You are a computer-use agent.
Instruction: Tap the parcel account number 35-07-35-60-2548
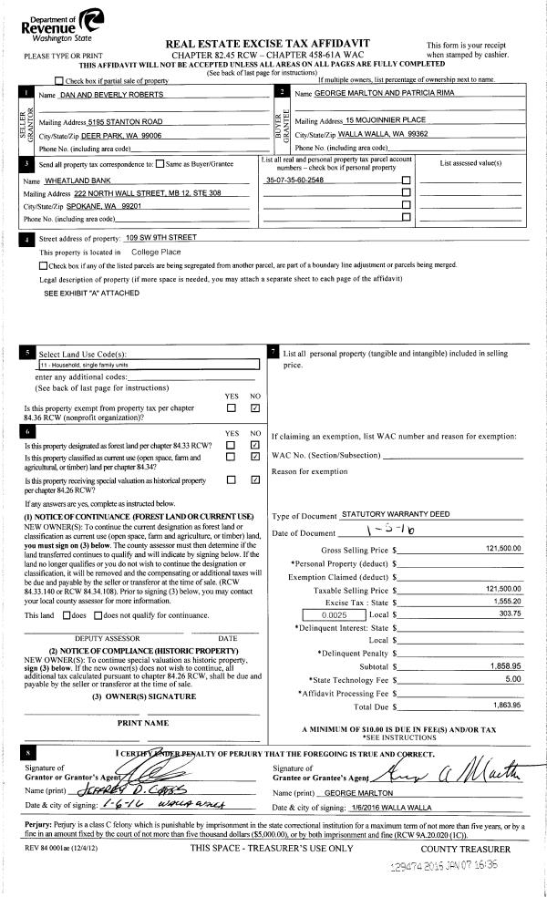click(294, 180)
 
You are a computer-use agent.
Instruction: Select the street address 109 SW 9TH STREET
click(161, 237)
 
